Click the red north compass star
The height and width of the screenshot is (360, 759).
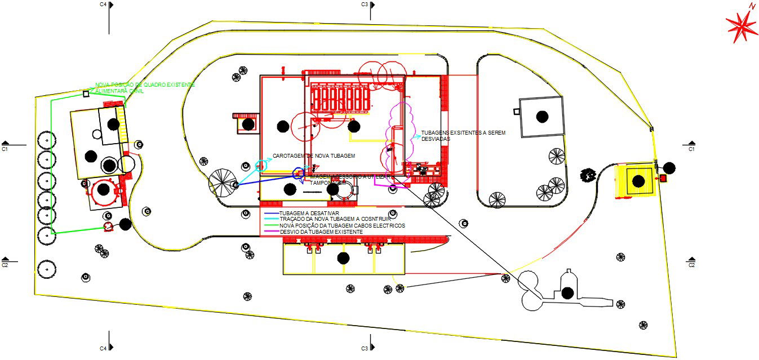741,26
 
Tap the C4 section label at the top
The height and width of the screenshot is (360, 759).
103,5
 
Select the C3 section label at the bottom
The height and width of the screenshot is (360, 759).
365,348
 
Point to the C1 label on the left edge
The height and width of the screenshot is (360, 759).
5,150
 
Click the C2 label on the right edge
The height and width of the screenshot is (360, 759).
691,265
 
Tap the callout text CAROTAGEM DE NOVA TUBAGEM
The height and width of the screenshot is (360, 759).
314,155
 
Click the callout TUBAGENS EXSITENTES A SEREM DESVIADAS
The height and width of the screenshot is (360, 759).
463,136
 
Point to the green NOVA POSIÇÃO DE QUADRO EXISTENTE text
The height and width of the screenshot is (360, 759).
145,85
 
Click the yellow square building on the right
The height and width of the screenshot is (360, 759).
637,180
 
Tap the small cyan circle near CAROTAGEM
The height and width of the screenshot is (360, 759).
261,165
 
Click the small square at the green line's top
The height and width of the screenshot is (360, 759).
86,94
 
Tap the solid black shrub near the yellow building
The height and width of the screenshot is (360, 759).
588,175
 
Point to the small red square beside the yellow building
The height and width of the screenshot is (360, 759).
663,178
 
